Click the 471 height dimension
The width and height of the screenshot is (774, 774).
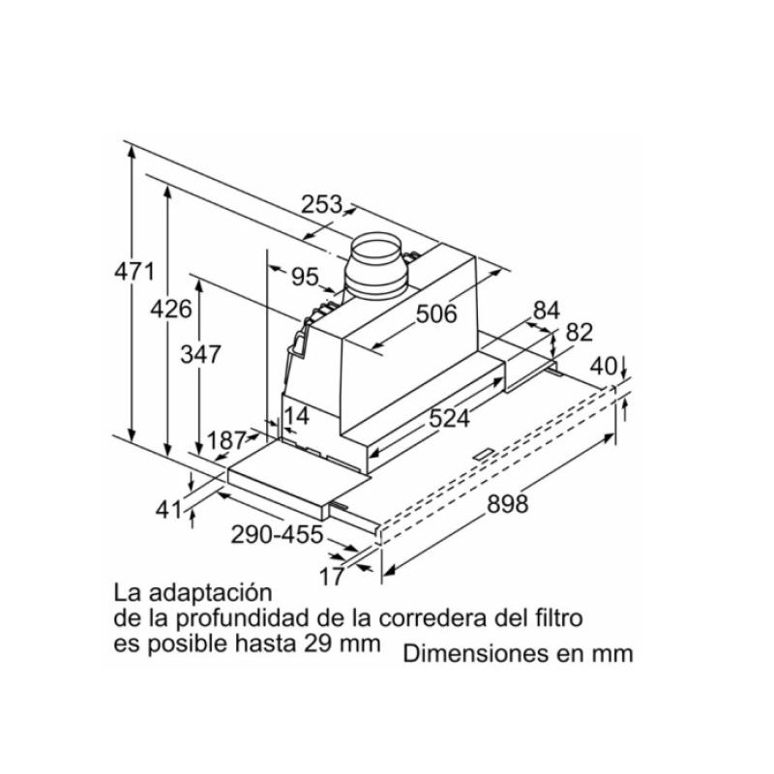pyautogui.click(x=134, y=271)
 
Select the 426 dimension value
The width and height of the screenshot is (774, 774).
pyautogui.click(x=171, y=310)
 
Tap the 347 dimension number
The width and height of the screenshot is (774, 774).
pyautogui.click(x=201, y=354)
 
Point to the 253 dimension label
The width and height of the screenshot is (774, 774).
pyautogui.click(x=321, y=205)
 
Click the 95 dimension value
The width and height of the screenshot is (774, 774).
pyautogui.click(x=305, y=277)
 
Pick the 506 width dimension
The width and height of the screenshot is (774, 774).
pyautogui.click(x=436, y=313)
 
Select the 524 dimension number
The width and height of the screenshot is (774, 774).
pyautogui.click(x=449, y=418)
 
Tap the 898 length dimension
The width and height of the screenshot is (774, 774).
pyautogui.click(x=507, y=503)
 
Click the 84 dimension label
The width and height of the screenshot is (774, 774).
pyautogui.click(x=547, y=311)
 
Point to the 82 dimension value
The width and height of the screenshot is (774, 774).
pyautogui.click(x=578, y=332)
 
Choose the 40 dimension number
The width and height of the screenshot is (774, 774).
pyautogui.click(x=604, y=367)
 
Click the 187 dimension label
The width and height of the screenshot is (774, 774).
pyautogui.click(x=227, y=441)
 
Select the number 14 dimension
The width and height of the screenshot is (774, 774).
pyautogui.click(x=296, y=417)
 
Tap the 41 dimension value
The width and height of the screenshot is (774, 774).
pyautogui.click(x=169, y=508)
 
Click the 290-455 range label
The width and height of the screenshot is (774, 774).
pyautogui.click(x=277, y=535)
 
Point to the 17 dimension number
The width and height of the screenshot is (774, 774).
pyautogui.click(x=331, y=577)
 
